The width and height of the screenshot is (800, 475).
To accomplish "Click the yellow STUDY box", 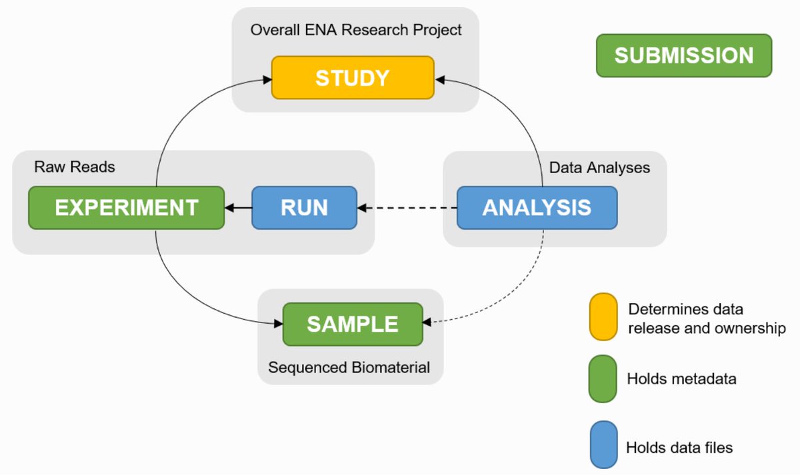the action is (353, 77).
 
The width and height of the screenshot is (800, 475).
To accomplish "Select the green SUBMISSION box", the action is (684, 56).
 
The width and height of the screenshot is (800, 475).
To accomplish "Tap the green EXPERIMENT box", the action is (127, 208).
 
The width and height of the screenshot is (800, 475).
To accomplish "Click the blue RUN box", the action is (304, 208).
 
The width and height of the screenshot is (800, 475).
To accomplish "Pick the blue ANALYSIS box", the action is (537, 208).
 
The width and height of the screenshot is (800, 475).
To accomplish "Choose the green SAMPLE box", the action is (353, 324).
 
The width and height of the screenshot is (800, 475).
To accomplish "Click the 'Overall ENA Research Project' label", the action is (356, 30).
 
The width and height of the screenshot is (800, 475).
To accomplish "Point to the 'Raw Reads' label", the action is (74, 167).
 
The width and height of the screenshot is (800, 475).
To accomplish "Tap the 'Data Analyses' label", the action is (599, 168).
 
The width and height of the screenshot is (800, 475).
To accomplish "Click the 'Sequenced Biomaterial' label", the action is (349, 368).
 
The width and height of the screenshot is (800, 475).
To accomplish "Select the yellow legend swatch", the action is (603, 317).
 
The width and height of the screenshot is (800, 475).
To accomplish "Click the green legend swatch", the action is (603, 378).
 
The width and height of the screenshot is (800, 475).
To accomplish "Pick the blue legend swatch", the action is (603, 444).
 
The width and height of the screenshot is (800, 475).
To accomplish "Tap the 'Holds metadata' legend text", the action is (681, 378).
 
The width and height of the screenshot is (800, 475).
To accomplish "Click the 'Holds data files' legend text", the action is (679, 448).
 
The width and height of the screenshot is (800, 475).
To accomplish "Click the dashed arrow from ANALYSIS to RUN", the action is (407, 208).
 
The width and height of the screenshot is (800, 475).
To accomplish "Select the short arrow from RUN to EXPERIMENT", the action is (238, 208).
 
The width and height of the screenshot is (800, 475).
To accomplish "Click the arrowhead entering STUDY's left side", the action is (267, 79).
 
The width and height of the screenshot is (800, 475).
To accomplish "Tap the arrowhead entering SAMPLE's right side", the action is (427, 322).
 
